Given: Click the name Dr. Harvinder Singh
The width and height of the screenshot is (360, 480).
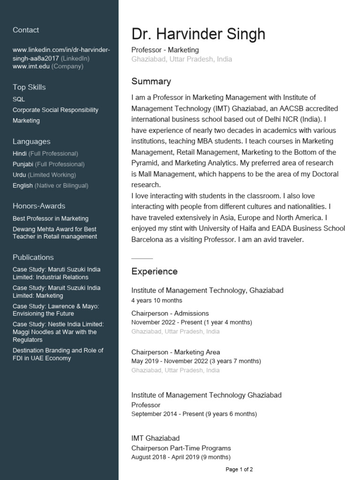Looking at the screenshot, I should [x=198, y=34].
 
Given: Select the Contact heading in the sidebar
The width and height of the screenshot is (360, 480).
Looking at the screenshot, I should [x=26, y=30].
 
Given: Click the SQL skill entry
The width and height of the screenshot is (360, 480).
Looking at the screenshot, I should [x=19, y=99].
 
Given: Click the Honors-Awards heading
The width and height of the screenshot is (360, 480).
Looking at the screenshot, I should [x=39, y=206].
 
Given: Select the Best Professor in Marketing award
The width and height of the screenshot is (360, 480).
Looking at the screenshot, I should [x=51, y=218].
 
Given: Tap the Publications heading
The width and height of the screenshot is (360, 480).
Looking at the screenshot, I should [x=33, y=257].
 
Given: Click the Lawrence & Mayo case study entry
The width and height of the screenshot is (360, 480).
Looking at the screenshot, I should [x=55, y=310].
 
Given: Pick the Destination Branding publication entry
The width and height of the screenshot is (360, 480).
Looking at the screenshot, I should [x=58, y=354].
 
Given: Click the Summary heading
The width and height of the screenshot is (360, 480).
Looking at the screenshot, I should [x=151, y=82].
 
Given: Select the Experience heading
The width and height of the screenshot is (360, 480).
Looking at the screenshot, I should [x=154, y=272].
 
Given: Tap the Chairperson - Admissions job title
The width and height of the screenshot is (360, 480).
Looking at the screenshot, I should [x=170, y=313].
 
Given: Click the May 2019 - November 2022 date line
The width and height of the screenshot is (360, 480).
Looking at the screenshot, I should [x=196, y=361].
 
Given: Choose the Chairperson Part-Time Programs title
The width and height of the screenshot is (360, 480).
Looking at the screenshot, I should [x=181, y=448].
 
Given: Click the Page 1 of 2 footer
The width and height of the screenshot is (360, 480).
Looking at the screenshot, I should [x=239, y=469].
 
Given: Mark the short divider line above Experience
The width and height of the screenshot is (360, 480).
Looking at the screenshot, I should [x=142, y=258].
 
